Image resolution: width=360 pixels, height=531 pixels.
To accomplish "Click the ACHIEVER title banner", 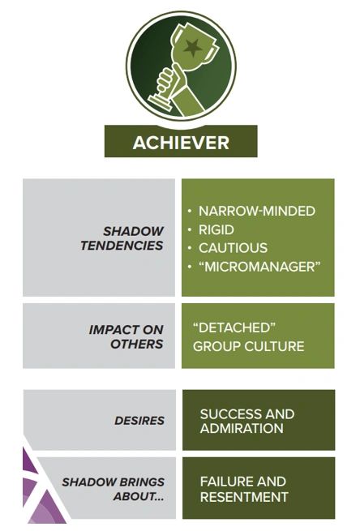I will coord(181,143).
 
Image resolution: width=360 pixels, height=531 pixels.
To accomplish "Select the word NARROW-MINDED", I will coord(257,212).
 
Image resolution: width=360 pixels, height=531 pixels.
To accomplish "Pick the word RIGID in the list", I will coord(216,229).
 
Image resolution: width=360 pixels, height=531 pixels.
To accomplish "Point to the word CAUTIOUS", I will coord(233,248).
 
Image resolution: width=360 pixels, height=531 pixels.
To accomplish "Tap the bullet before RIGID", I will coord(190,229).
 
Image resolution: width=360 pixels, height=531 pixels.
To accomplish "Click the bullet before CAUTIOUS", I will coord(190,248).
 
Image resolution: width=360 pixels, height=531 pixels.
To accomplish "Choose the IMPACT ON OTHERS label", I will coord(126,336).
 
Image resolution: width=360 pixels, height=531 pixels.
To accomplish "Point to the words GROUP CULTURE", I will coord(248,347).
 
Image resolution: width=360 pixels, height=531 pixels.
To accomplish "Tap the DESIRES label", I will coord(139,421).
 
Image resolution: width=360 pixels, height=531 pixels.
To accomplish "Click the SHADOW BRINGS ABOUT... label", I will coord(113,489).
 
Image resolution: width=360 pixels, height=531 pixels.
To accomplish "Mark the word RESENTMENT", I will coord(244,496).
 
